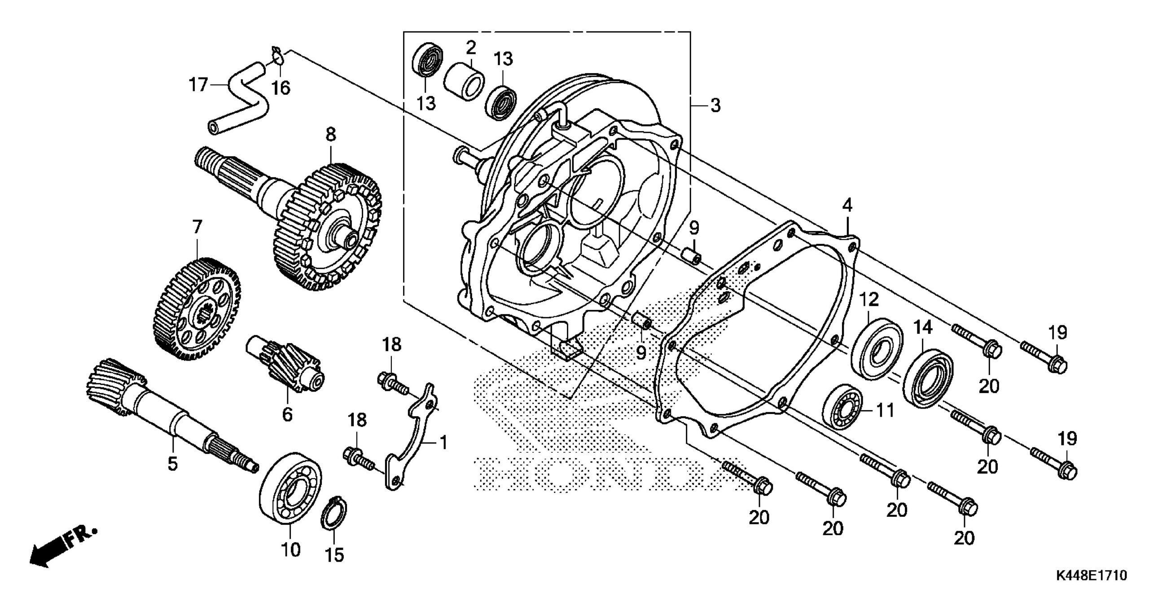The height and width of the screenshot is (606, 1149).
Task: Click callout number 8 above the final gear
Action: click(x=331, y=134)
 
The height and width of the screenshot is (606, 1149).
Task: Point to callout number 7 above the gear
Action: click(x=197, y=227)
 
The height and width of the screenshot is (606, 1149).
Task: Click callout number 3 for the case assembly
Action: click(x=715, y=106)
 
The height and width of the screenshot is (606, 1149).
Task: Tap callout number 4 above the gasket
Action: click(x=846, y=206)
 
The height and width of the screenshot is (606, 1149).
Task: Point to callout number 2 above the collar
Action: click(x=470, y=47)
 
